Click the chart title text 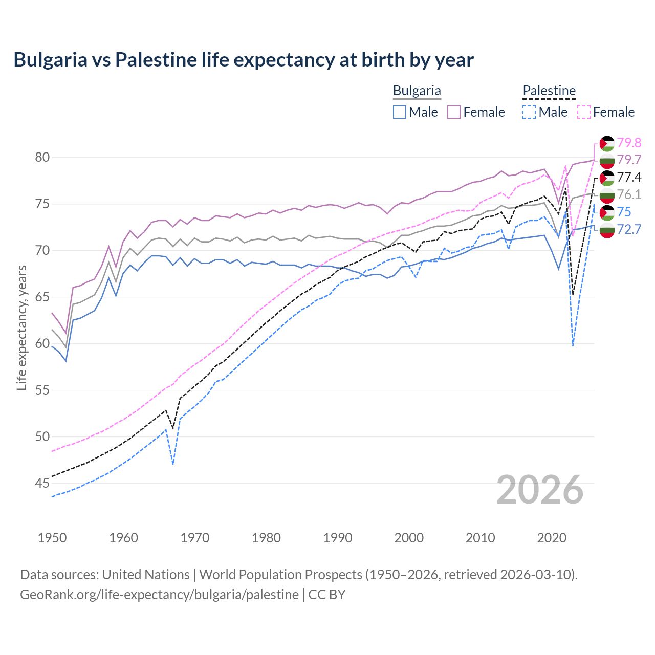pos(244,59)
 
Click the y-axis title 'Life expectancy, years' pos(21,327)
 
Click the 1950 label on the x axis pos(52,538)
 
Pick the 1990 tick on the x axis pos(338,538)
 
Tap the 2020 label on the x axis pos(552,538)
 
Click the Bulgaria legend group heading pos(417,91)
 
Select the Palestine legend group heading pos(549,91)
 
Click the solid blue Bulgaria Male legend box pos(400,112)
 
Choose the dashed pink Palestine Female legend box pos(584,112)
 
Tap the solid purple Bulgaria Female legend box pos(454,112)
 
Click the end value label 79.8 pos(629,143)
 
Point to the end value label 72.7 pos(629,229)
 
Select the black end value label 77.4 pos(629,177)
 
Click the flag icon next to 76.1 pos(607,195)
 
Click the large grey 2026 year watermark pos(540,490)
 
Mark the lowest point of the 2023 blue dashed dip pos(573,346)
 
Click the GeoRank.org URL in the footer pos(159,595)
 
